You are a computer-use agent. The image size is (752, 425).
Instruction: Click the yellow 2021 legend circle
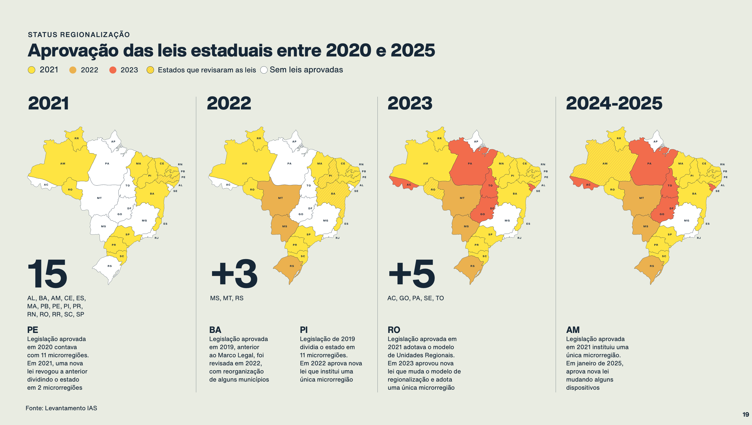coord(32,70)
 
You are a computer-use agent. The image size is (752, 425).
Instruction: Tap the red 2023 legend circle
coord(113,70)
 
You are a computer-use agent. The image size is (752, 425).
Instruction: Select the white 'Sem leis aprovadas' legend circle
coord(264,70)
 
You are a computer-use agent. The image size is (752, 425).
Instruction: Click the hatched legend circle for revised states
coord(150,70)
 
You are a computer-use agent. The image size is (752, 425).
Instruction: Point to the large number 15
coord(47,274)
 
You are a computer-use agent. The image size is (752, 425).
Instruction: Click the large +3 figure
coord(234,274)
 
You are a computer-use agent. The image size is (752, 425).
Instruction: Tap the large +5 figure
coord(412,274)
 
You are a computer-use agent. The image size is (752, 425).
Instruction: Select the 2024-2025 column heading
coord(614,103)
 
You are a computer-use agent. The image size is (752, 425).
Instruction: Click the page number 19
coord(746,415)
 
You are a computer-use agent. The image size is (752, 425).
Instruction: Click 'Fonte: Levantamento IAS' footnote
coord(61,408)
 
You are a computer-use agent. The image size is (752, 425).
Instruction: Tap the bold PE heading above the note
coord(33,330)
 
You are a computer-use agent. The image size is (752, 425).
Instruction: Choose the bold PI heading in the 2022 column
coord(304,330)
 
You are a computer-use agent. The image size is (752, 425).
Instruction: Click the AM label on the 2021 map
coord(63,163)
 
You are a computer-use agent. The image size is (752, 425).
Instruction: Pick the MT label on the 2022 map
coord(280,198)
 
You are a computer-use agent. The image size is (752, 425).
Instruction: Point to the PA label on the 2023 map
coord(470,163)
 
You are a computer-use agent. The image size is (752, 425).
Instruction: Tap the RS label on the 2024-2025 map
coord(652,266)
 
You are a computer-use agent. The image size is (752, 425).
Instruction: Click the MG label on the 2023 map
coord(507,220)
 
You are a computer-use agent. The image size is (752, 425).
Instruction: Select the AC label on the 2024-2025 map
coord(588,185)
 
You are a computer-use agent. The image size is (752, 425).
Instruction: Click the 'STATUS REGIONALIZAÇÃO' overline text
coord(79,34)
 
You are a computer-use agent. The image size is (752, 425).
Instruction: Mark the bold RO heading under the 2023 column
coord(394,330)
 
